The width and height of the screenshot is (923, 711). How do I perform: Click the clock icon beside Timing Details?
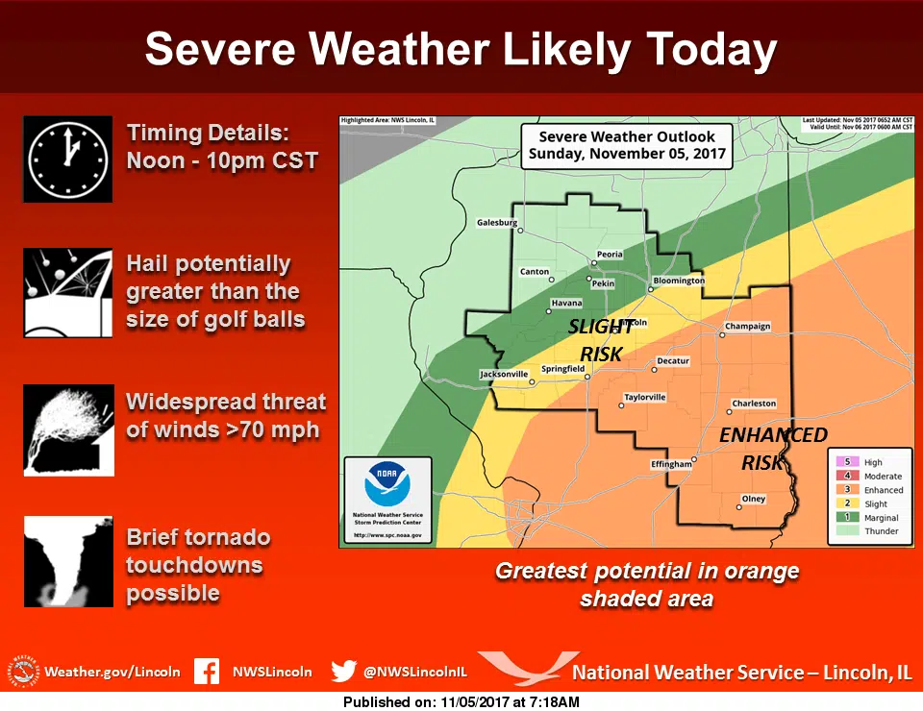point(67,159)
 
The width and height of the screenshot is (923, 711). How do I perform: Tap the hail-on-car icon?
point(67,292)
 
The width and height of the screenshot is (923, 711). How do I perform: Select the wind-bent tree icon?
point(68,430)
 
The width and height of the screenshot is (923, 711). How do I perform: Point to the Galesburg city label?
point(496,223)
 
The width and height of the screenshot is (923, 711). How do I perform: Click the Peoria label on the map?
point(610,255)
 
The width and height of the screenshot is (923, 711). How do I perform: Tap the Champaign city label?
point(748,327)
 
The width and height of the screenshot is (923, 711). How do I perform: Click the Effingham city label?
point(671,464)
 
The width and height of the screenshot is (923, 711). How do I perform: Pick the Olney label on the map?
point(753,499)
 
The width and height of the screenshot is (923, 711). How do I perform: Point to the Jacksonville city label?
point(504,374)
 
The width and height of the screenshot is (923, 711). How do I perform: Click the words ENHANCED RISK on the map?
point(773,448)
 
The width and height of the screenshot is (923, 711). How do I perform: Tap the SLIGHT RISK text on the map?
point(601,340)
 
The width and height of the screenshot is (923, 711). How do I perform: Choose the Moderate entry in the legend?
point(883,477)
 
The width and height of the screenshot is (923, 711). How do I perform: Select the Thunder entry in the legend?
point(881,531)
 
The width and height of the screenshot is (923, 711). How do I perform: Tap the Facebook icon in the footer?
point(207,672)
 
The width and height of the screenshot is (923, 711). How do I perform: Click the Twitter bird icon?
point(343,672)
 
